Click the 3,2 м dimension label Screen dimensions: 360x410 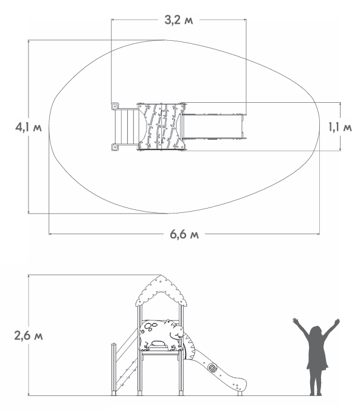(179, 20)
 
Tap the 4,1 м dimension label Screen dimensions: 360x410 (29, 127)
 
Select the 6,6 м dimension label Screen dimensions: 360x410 (184, 234)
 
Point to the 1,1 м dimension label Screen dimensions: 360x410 (340, 127)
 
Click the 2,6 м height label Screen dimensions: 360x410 (29, 335)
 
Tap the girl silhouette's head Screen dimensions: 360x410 (316, 332)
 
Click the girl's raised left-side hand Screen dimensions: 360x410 (296, 321)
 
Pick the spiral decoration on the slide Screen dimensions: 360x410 (212, 368)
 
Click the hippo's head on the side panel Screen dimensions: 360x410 (175, 329)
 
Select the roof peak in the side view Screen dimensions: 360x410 (161, 276)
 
